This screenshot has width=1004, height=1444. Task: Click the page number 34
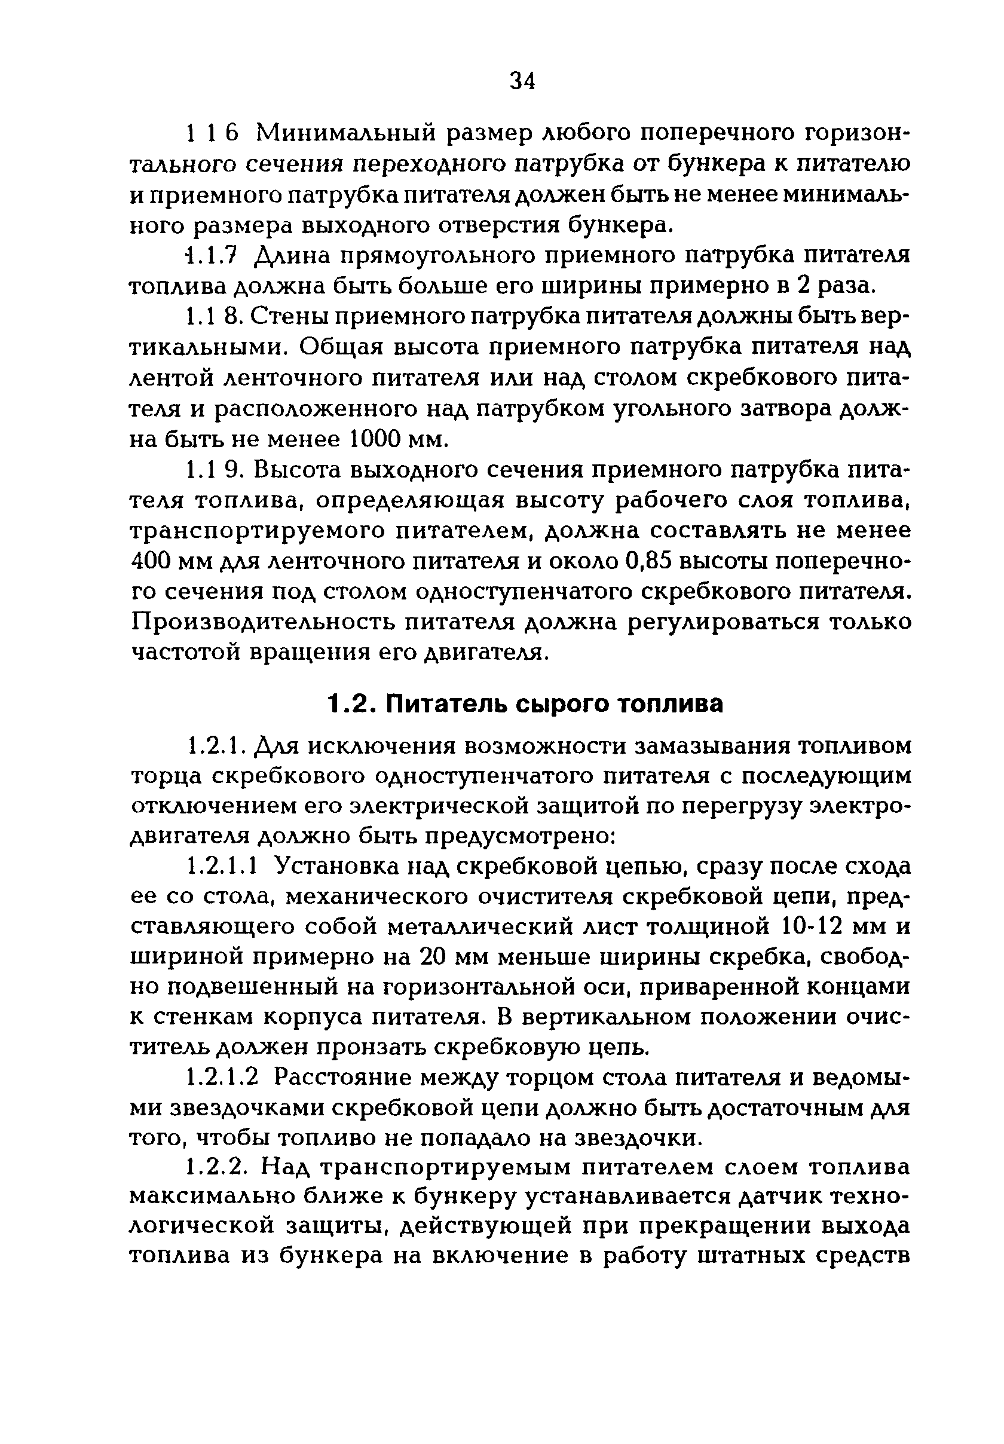pos(522,81)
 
